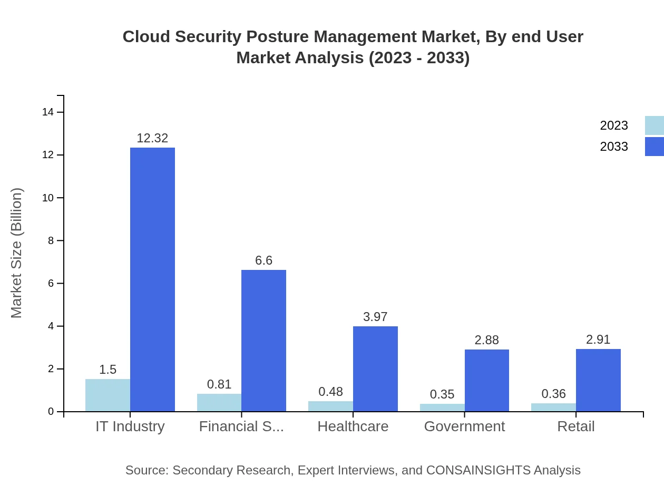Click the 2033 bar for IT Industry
click(152, 279)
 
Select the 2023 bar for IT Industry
click(108, 395)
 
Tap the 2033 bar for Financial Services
click(263, 341)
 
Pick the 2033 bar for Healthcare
click(375, 368)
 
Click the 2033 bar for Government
click(486, 380)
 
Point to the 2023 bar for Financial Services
click(219, 402)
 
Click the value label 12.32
click(152, 138)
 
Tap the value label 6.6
click(263, 260)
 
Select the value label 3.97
click(375, 317)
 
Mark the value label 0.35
click(442, 394)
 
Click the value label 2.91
click(598, 339)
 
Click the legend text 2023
click(614, 125)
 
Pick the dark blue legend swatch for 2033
click(655, 147)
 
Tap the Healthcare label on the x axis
click(353, 426)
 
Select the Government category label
click(464, 426)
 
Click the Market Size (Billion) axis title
click(17, 253)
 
